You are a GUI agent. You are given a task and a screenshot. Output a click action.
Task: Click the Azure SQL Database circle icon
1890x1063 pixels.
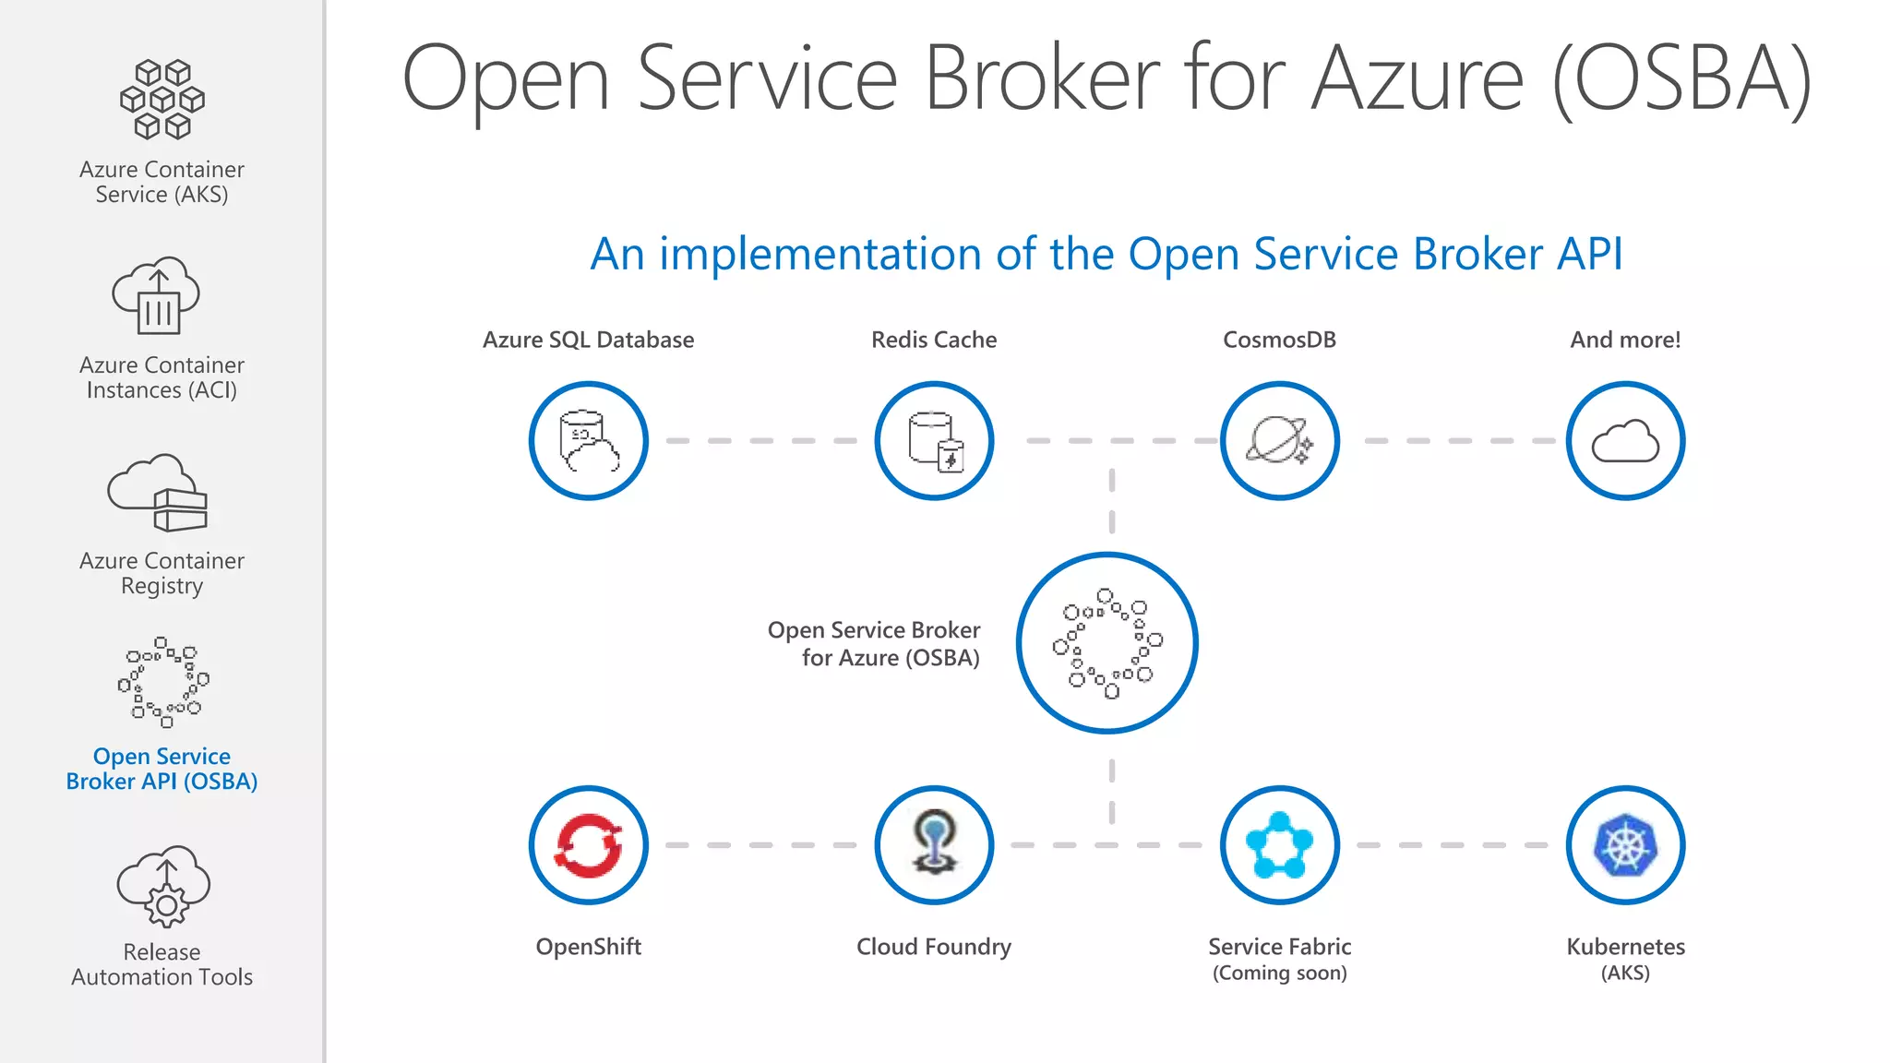coord(589,441)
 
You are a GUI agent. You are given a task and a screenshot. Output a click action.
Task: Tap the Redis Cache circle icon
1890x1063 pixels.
coord(934,441)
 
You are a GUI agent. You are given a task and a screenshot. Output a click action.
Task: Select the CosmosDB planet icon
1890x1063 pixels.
coord(1280,441)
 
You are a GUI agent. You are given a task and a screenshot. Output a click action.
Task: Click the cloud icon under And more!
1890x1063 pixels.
coord(1625,441)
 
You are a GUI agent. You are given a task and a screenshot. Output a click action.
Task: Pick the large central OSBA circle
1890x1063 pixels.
coord(1107,643)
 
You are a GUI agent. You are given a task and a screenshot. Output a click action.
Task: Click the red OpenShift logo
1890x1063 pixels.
coord(589,845)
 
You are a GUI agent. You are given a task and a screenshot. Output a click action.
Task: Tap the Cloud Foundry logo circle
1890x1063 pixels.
coord(934,845)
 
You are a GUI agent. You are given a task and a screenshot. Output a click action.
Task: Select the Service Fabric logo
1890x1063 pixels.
coord(1280,845)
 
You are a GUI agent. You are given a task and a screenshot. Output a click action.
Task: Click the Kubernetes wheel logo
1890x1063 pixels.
coord(1625,845)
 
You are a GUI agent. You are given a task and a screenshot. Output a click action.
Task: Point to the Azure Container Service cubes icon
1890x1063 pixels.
coord(162,100)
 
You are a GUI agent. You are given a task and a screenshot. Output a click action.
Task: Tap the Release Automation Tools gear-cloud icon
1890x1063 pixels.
coord(163,886)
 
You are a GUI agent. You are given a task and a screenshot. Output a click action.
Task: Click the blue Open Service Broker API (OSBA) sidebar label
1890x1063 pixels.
coord(161,769)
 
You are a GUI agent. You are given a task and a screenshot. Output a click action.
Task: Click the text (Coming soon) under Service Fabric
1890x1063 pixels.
coord(1280,973)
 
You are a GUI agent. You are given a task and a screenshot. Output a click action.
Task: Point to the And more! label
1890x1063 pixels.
coord(1625,340)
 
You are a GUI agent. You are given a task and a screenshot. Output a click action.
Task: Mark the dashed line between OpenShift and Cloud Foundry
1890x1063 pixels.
coord(760,845)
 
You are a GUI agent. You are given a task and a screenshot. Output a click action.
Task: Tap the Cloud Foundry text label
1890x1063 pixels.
coord(934,947)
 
